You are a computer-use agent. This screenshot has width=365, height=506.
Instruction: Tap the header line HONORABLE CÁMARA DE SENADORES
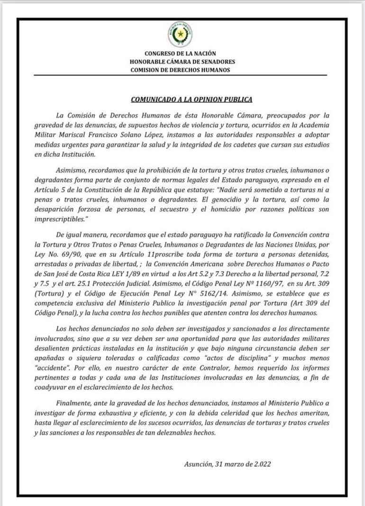[182, 62]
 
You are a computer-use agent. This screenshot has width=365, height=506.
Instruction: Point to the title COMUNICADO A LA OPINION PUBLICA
[192, 99]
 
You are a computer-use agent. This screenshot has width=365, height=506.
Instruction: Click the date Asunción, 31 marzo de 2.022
[228, 464]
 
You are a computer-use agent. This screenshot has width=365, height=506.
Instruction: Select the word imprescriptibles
[64, 221]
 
